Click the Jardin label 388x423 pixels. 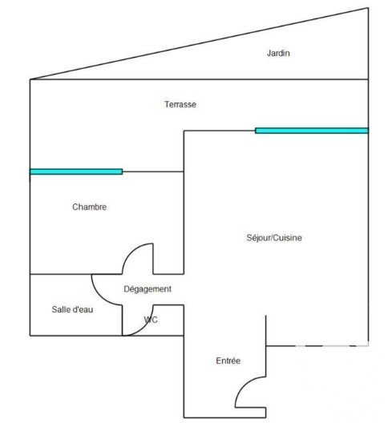click(278, 53)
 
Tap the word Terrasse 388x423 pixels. click(180, 104)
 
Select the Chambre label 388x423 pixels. click(89, 207)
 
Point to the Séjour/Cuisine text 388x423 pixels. click(274, 238)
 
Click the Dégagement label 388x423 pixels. click(148, 289)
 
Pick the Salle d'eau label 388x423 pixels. click(72, 309)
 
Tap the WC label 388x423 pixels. click(151, 320)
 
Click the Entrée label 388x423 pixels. click(228, 361)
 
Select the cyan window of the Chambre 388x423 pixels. click(76, 171)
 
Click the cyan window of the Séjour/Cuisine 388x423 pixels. click(312, 131)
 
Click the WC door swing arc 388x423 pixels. click(144, 327)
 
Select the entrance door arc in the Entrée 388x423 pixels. click(244, 385)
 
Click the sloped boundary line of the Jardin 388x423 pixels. click(199, 43)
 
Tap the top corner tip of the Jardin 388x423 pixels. click(368, 8)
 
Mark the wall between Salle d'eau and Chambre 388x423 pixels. click(75, 274)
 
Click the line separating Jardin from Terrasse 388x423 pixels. click(199, 79)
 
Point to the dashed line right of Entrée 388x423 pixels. click(317, 345)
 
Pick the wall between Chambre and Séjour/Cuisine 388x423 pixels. click(184, 203)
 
